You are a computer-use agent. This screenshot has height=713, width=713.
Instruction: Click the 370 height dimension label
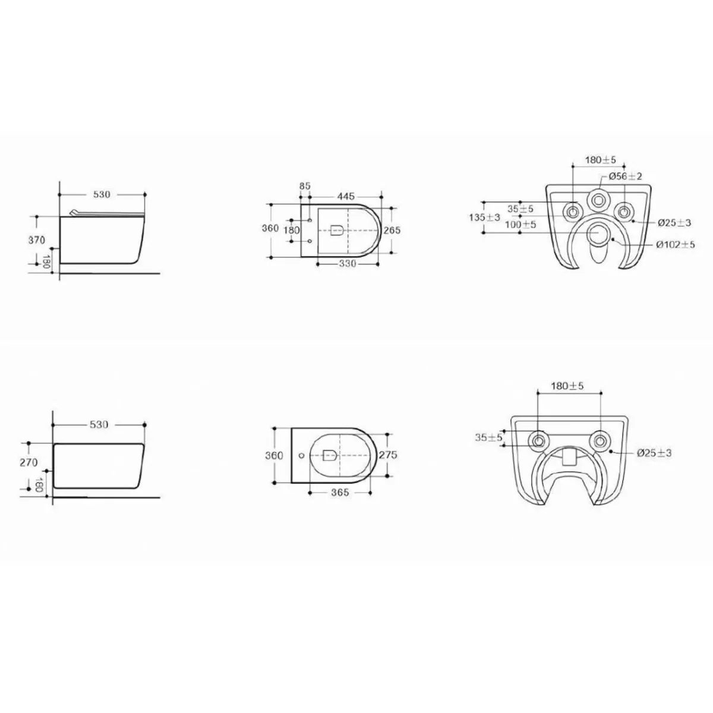pos(37,240)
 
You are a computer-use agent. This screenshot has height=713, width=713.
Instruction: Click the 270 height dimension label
pos(29,462)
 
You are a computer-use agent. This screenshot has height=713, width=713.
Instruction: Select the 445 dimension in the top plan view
pos(346,196)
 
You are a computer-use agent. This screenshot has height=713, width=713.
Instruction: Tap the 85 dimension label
pos(305,186)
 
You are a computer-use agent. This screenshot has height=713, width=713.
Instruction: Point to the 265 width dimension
pos(392,230)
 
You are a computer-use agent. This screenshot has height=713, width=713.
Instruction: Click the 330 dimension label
pos(348,263)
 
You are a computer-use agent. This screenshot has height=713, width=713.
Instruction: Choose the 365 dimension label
pos(340,493)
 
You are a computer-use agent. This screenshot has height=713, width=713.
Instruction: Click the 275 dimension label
pos(388,455)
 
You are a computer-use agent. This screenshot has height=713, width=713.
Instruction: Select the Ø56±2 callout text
pos(625,176)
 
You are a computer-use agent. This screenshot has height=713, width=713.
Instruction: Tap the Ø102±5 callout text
pos(676,245)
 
